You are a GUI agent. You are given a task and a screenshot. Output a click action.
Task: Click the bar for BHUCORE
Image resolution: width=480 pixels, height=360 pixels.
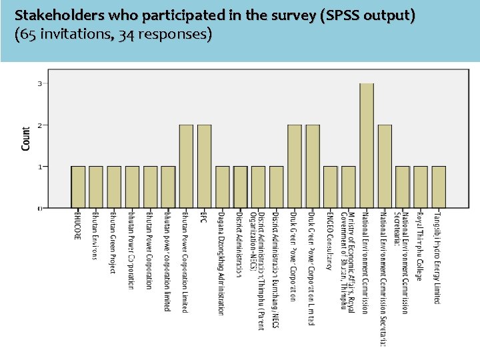click(x=78, y=187)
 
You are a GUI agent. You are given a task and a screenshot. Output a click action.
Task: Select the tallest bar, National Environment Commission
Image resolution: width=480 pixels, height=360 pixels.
click(x=367, y=145)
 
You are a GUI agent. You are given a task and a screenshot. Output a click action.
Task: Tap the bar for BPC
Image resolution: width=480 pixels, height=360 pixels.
click(x=204, y=166)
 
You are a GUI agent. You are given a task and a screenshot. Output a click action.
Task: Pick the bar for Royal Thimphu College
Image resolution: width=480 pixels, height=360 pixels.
click(x=420, y=187)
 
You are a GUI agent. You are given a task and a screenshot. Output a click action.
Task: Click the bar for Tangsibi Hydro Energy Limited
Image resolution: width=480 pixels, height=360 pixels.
click(x=438, y=187)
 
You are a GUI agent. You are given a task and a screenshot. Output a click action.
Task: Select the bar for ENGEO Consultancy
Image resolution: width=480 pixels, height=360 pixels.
click(x=330, y=187)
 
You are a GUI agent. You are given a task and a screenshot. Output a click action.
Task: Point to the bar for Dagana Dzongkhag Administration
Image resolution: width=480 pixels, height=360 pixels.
click(x=222, y=187)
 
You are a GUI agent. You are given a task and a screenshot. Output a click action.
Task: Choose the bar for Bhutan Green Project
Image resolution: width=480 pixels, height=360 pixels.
click(x=114, y=187)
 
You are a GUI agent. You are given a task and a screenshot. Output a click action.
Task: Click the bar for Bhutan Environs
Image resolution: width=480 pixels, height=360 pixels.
click(x=96, y=187)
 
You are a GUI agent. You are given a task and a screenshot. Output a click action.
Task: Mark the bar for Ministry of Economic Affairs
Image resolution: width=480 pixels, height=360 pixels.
click(x=348, y=187)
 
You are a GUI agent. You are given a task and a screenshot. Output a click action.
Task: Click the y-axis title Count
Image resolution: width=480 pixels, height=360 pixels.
click(x=26, y=138)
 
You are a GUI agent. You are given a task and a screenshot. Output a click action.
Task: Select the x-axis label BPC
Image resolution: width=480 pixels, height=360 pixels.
click(x=204, y=217)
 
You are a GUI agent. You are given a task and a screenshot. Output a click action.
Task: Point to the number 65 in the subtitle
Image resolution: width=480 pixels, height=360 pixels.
click(x=27, y=34)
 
